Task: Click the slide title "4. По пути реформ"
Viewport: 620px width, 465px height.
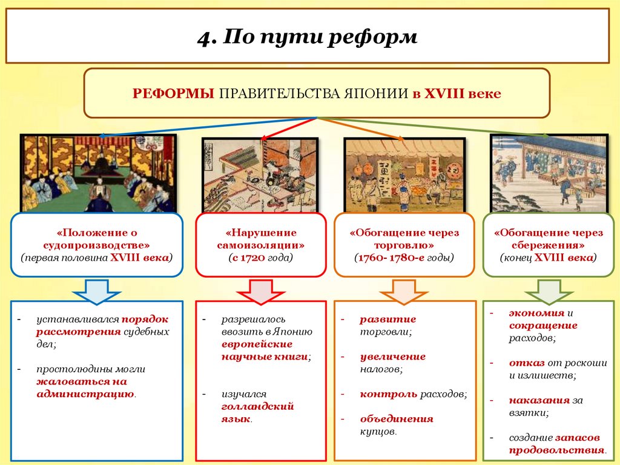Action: [307, 37]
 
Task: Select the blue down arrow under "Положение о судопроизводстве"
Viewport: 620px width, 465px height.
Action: [97, 290]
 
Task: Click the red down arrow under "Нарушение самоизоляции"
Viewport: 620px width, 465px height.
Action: [261, 290]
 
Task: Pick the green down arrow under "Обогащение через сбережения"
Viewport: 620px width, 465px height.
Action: [550, 290]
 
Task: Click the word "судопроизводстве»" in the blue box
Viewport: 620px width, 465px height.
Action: [97, 245]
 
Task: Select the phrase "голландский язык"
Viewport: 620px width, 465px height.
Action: [257, 412]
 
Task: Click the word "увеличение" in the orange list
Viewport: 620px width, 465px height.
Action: [392, 356]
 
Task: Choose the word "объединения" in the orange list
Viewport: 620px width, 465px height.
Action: [397, 419]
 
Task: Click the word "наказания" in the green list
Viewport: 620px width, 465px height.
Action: [539, 401]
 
